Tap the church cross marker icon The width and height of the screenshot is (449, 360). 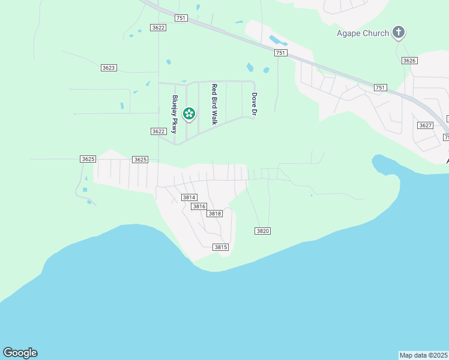(399, 32)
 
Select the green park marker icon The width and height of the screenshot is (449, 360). (189, 113)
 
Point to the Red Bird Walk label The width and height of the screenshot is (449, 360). (214, 104)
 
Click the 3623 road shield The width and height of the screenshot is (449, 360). (109, 68)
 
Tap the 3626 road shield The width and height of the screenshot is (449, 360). (409, 61)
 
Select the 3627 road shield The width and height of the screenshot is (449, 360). (425, 125)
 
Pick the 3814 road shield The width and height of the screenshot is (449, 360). (189, 197)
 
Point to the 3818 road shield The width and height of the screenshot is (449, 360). (214, 214)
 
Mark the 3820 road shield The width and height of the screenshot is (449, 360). (262, 231)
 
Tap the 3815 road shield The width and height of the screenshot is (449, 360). (221, 247)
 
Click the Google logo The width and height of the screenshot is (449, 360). (20, 353)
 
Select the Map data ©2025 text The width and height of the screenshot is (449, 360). (424, 355)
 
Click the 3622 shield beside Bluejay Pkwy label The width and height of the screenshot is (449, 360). (158, 131)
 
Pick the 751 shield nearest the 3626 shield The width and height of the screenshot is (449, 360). (380, 88)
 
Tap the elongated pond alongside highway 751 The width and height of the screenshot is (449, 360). (278, 41)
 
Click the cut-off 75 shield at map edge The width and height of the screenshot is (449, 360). (446, 137)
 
